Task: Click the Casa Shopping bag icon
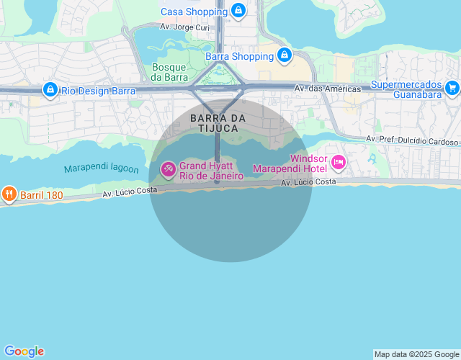coord(238,11)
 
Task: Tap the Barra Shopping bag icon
coord(285,55)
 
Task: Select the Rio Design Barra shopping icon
coord(50,90)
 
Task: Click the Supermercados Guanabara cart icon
coord(452,88)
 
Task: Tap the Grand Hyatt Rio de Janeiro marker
coord(168,170)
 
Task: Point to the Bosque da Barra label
coord(170,72)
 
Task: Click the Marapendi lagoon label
coord(101,168)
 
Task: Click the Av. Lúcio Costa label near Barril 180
coord(130,191)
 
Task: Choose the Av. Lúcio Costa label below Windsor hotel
coord(308,182)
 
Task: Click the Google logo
coord(24,351)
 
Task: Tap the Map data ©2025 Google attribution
coord(416,354)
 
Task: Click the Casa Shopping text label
coord(194,12)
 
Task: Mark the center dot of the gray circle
coord(217,182)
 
